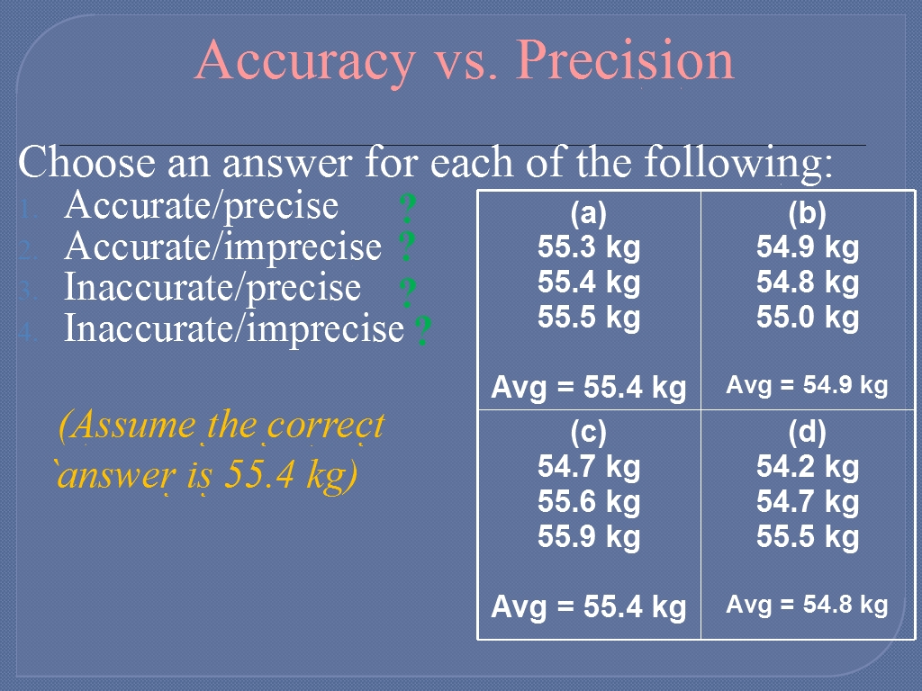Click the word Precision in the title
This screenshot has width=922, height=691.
[627, 59]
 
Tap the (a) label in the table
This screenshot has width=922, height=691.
[589, 214]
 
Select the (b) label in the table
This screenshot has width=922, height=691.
[808, 214]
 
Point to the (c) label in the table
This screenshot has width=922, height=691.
[589, 433]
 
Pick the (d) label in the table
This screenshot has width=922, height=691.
[808, 433]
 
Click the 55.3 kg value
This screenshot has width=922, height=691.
[589, 247]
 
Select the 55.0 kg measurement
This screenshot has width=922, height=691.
[808, 318]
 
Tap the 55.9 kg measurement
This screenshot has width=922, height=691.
[589, 537]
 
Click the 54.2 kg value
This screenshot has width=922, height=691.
[808, 467]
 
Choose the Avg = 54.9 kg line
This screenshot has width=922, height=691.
[807, 385]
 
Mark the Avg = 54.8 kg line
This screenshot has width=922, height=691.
[807, 605]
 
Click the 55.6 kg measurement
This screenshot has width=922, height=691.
[589, 502]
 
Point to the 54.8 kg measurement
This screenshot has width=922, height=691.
[808, 283]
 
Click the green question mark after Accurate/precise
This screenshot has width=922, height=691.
[408, 208]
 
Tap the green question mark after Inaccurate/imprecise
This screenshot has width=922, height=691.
[423, 330]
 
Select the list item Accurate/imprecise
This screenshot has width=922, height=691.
[223, 247]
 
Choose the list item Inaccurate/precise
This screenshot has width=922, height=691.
[212, 288]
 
